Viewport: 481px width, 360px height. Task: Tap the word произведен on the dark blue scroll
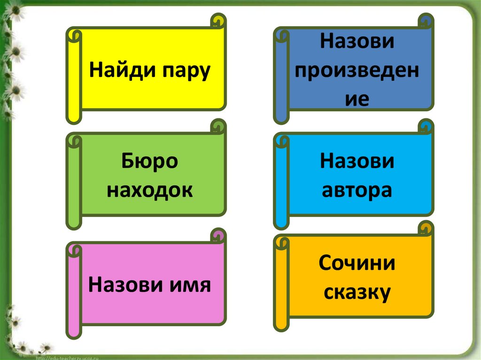[357, 71]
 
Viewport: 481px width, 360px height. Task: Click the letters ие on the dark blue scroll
[357, 99]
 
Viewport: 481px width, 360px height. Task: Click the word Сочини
[357, 263]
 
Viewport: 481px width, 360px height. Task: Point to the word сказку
[357, 292]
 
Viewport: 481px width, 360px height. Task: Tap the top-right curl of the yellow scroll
[217, 21]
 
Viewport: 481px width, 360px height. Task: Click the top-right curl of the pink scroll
[217, 235]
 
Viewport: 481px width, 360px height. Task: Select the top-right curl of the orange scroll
[425, 228]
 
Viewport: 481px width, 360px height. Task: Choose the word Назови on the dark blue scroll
[357, 42]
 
